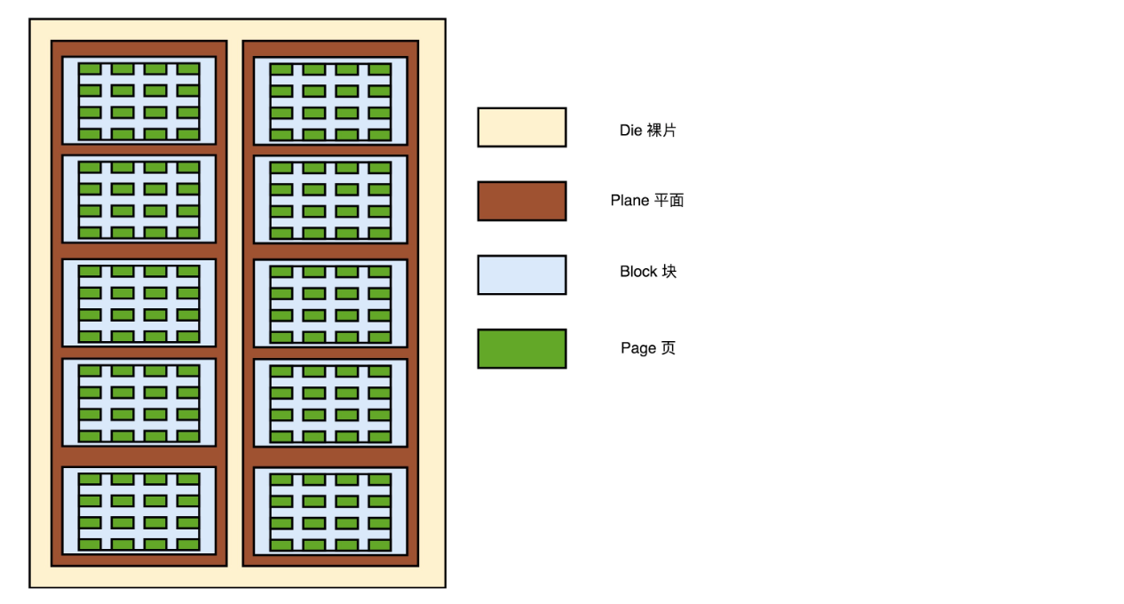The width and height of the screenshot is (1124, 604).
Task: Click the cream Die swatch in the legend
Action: coord(521,127)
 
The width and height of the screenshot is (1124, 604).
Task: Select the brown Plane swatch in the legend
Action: coord(521,201)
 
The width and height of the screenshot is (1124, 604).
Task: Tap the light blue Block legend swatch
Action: coord(521,274)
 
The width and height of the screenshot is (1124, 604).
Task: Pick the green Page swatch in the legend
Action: coord(521,348)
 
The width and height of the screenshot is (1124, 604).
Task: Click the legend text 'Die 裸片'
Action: coord(647,130)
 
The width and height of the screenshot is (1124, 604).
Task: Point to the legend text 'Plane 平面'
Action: coord(646,201)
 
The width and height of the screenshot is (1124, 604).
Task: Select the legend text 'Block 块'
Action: coord(647,272)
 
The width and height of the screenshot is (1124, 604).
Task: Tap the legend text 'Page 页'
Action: coord(647,348)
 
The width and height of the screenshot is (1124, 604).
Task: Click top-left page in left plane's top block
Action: coord(90,68)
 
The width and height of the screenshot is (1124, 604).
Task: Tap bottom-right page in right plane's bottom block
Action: coord(380,544)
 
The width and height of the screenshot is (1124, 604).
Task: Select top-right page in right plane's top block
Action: coord(380,69)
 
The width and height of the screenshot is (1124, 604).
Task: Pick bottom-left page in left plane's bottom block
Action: coord(90,544)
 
